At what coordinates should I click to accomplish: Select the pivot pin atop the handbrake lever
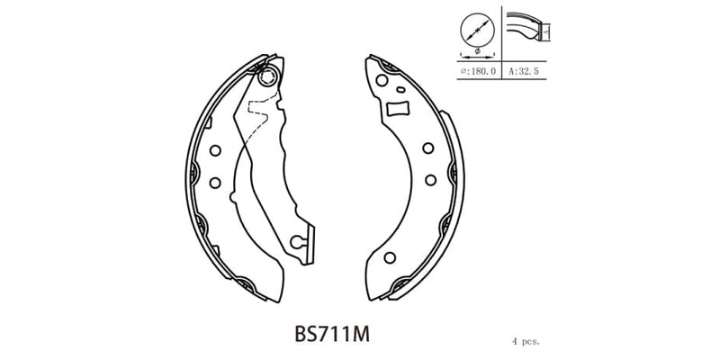click(x=265, y=79)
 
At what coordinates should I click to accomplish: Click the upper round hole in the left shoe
click(x=214, y=151)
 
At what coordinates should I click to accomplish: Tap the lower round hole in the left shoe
click(x=214, y=183)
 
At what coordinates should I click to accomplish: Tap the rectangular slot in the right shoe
click(x=397, y=110)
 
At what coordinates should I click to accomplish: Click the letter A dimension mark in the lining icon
click(x=548, y=33)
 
